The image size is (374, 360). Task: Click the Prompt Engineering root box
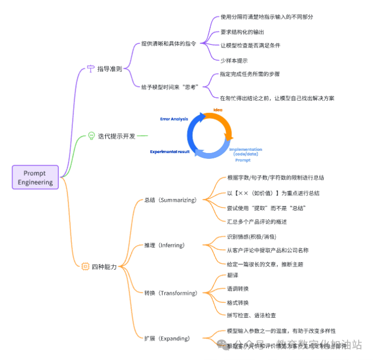pos(35,177)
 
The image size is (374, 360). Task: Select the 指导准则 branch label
pos(109,69)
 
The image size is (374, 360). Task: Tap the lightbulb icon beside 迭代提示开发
pos(91,136)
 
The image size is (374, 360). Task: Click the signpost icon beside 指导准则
pos(90,69)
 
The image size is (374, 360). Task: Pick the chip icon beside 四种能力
pos(85,266)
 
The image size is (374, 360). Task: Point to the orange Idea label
pos(218,110)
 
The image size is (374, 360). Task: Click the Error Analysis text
pos(174,119)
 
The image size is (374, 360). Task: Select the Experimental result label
pos(170,152)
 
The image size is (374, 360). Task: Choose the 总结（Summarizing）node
pos(170,199)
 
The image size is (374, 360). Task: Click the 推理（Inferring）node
pos(164,245)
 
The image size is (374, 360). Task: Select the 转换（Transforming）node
pos(170,293)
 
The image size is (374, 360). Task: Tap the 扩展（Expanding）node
pos(166,338)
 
